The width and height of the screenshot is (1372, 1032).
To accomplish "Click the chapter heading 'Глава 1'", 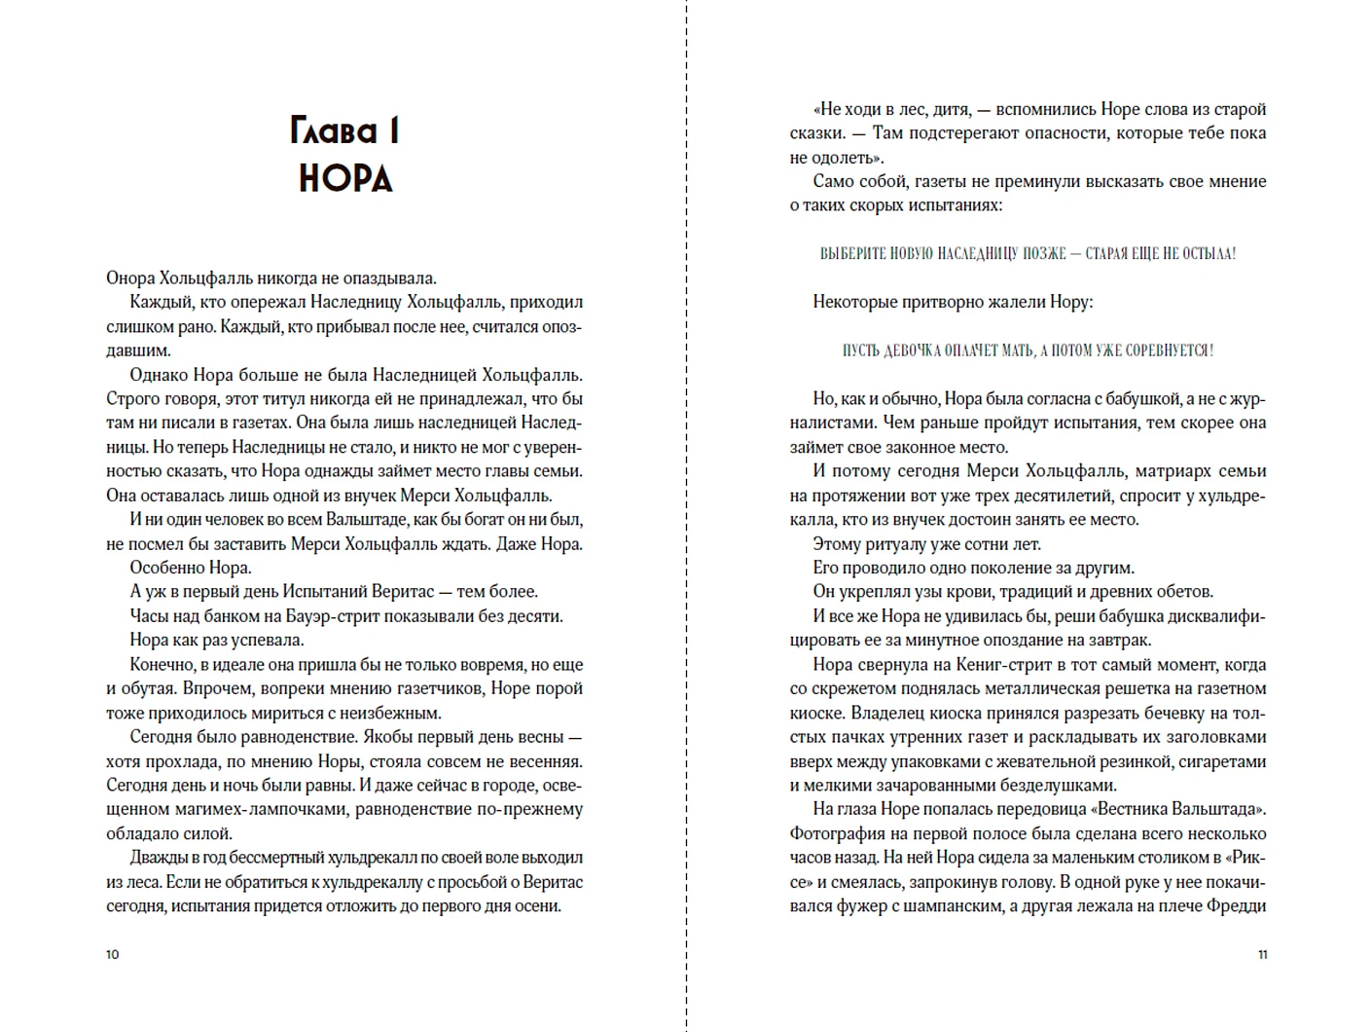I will tap(344, 130).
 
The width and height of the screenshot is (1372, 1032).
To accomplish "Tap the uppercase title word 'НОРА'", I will tap(344, 179).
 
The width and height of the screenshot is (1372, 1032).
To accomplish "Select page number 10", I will tap(112, 954).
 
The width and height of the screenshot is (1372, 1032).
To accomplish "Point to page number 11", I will tap(1262, 954).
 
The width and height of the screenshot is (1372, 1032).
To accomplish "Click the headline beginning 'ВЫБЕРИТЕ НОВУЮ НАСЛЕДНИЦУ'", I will tap(1028, 254).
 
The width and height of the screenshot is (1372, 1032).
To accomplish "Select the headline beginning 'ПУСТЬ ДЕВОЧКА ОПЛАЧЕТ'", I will tap(1028, 350).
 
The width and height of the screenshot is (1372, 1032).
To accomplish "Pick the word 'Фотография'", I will tap(838, 833).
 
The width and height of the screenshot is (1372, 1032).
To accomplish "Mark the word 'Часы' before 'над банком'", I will tap(150, 616).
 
